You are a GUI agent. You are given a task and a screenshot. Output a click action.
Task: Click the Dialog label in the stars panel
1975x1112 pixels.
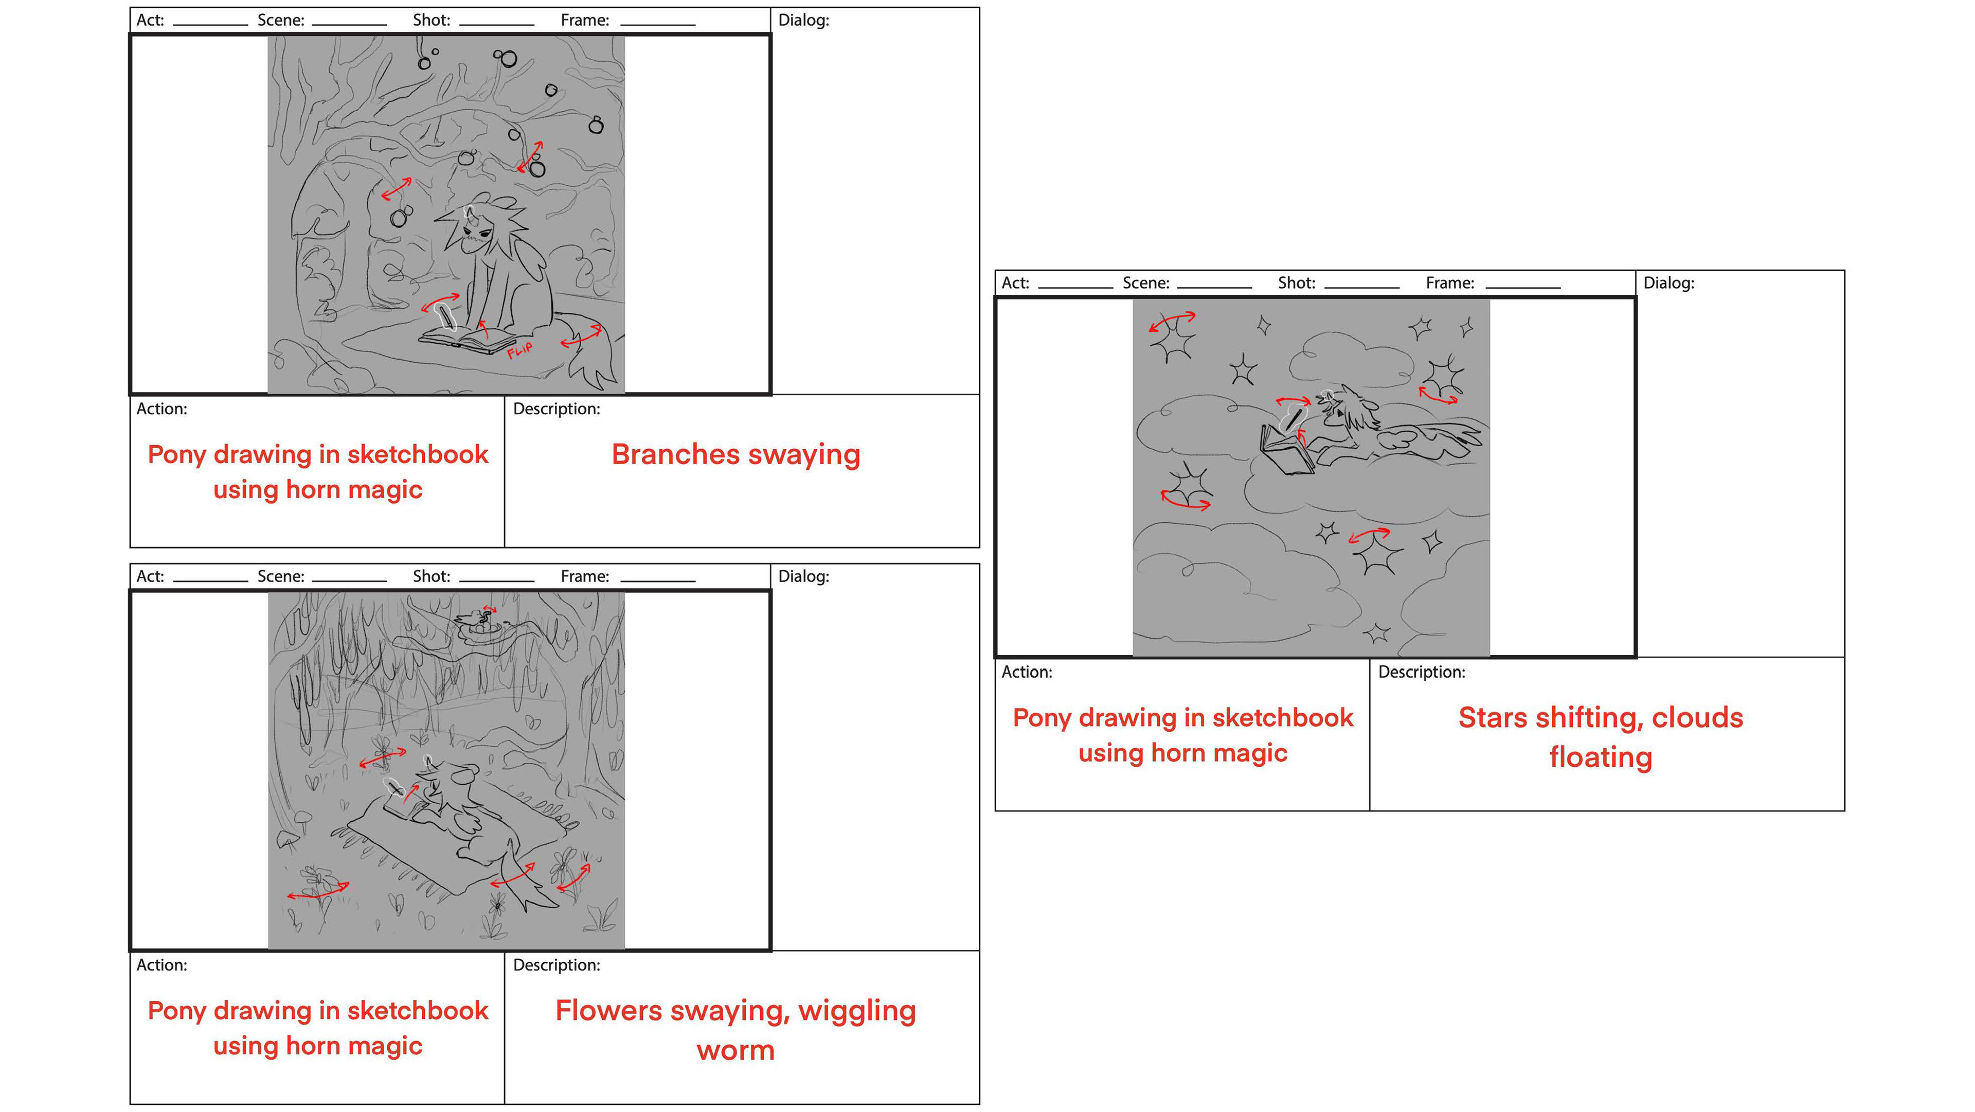pyautogui.click(x=1668, y=283)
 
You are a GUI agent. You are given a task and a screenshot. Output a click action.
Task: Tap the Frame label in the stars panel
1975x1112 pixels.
pyautogui.click(x=1449, y=283)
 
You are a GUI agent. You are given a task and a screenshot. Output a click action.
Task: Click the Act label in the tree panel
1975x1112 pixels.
pyautogui.click(x=150, y=20)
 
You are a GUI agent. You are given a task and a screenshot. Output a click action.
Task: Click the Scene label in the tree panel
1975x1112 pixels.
pyautogui.click(x=281, y=20)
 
